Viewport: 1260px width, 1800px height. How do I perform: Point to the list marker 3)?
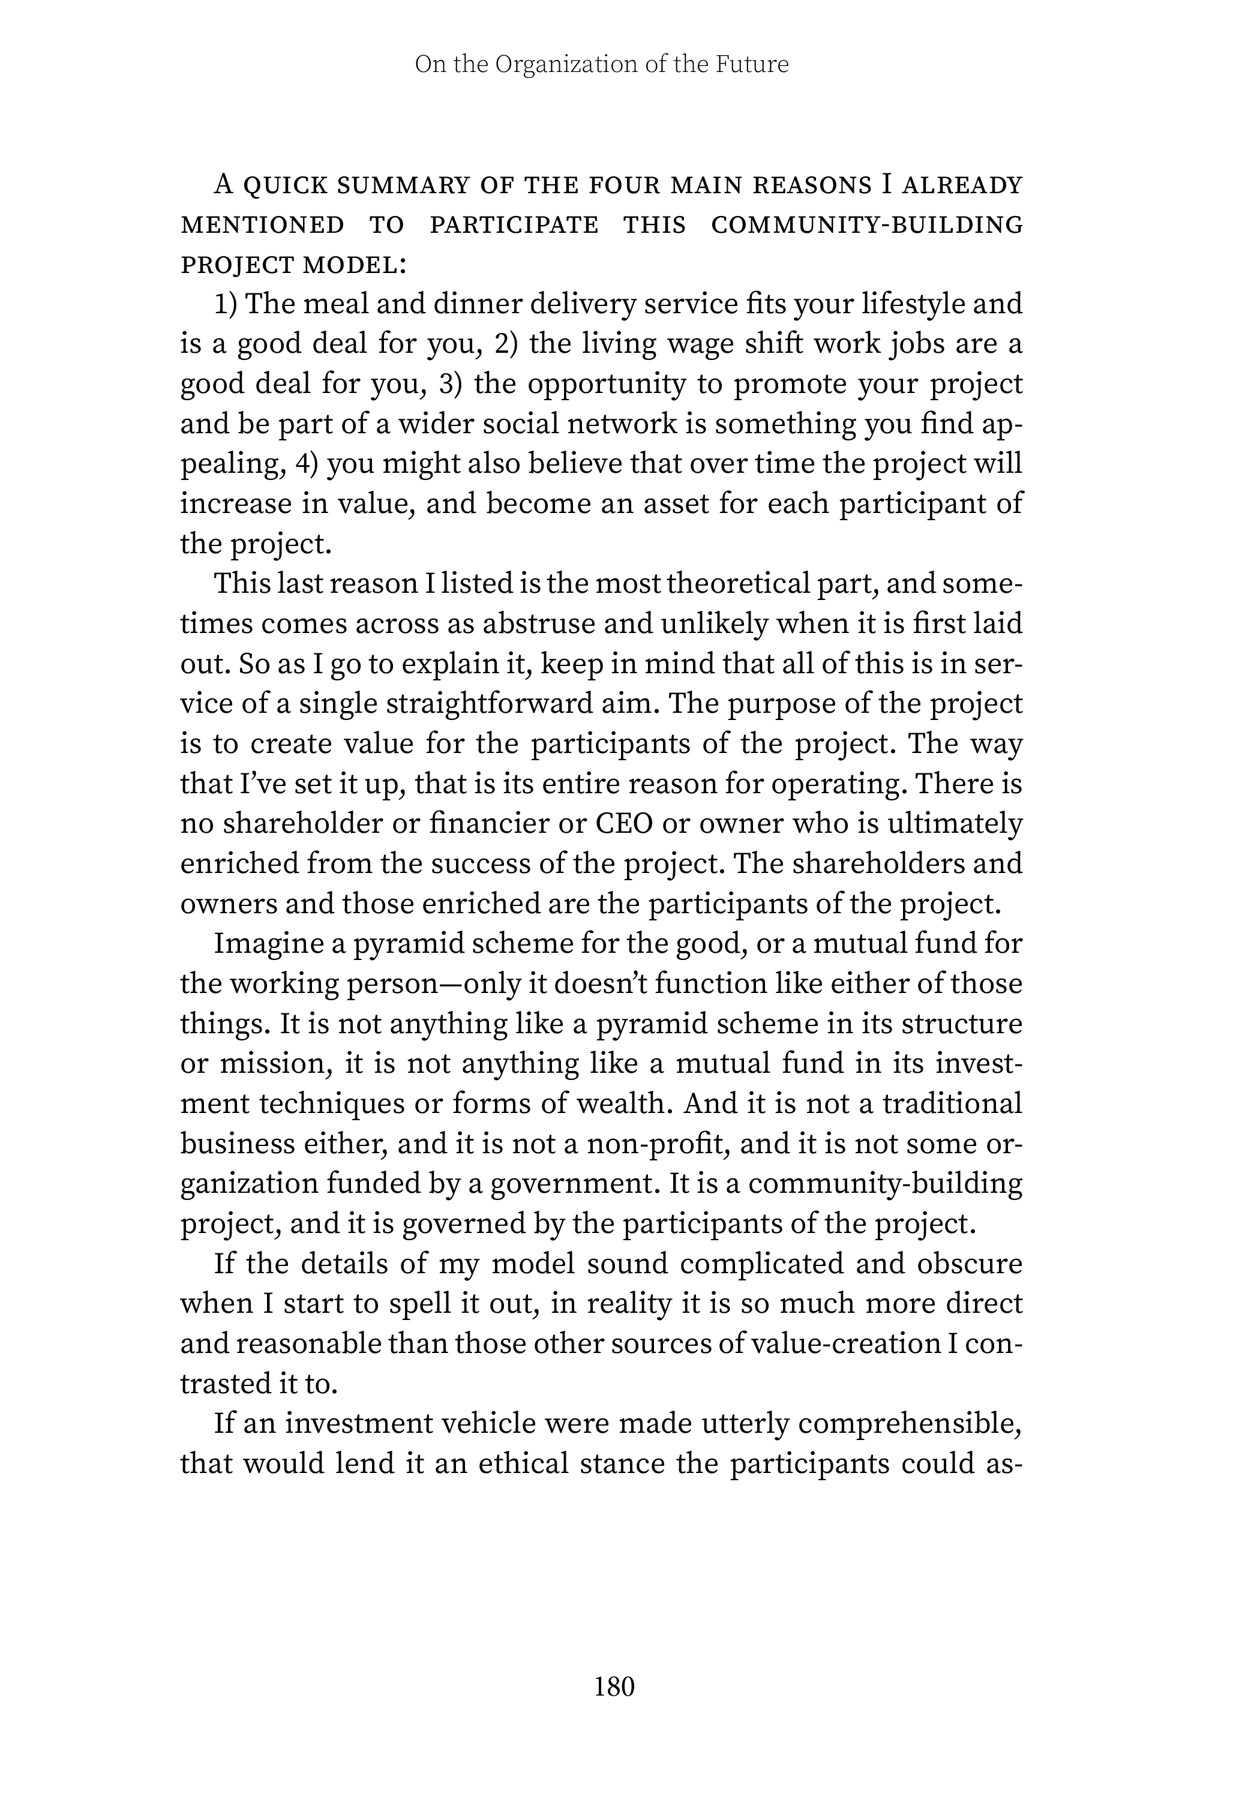(x=452, y=384)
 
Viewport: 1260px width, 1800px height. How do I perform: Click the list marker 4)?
(x=307, y=464)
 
